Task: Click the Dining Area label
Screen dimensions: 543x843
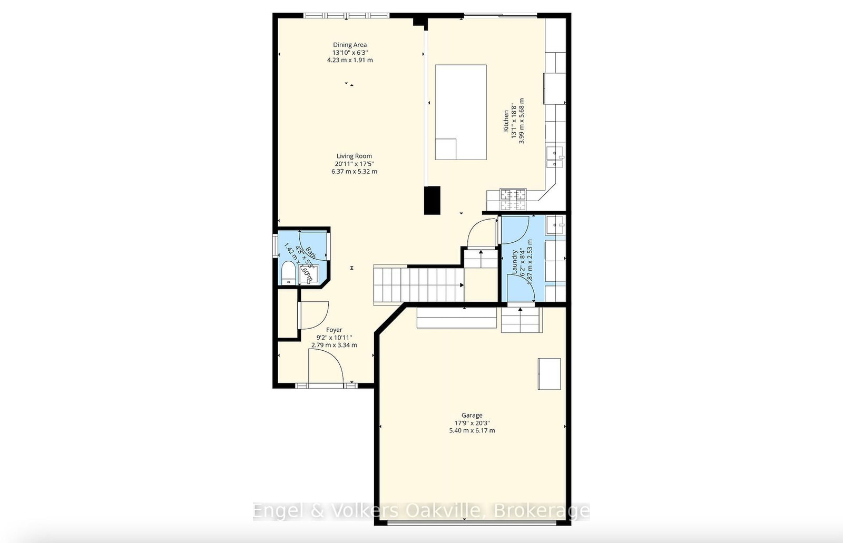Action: point(349,45)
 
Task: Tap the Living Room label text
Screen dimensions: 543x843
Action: point(354,156)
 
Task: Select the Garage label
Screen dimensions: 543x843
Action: point(472,416)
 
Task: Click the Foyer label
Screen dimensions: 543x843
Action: point(334,330)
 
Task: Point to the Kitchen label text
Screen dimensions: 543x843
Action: point(506,121)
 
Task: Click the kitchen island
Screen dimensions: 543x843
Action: point(460,112)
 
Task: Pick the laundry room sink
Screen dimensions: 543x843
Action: point(555,225)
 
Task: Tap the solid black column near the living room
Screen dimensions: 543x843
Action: point(432,200)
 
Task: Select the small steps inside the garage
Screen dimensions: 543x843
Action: point(521,320)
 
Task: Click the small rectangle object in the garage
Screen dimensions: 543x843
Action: point(549,373)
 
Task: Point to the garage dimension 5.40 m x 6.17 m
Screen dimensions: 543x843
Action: point(472,430)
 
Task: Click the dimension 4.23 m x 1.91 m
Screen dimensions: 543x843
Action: point(349,60)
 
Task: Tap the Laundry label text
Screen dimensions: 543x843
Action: point(515,262)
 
